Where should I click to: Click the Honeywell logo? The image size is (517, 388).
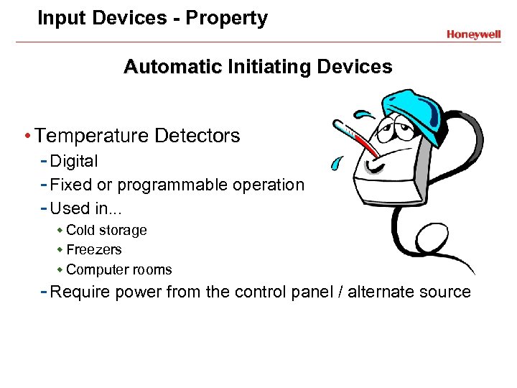click(473, 34)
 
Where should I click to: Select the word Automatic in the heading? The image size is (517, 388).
click(172, 68)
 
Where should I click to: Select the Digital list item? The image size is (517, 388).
click(74, 162)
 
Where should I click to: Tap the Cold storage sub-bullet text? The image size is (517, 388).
click(106, 231)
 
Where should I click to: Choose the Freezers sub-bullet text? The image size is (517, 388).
click(93, 250)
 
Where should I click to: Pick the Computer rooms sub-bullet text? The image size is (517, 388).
click(118, 270)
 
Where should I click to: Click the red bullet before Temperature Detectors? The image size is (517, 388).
click(27, 136)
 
